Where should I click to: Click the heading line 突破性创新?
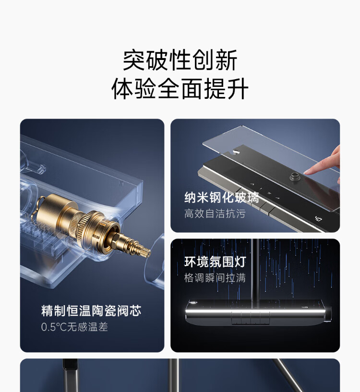click(x=180, y=60)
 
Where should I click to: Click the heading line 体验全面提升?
click(x=180, y=89)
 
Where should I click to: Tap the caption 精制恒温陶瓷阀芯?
click(x=91, y=311)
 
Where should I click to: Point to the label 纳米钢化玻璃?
click(x=222, y=198)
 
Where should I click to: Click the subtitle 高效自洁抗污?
click(x=215, y=214)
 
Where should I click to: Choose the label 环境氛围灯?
click(x=215, y=262)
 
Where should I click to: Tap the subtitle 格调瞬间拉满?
click(x=215, y=278)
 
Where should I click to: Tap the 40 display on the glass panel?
click(x=318, y=219)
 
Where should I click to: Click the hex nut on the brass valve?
click(x=115, y=238)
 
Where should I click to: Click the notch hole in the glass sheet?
click(x=235, y=152)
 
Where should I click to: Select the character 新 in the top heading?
click(x=226, y=60)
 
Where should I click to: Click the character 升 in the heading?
click(x=238, y=89)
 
